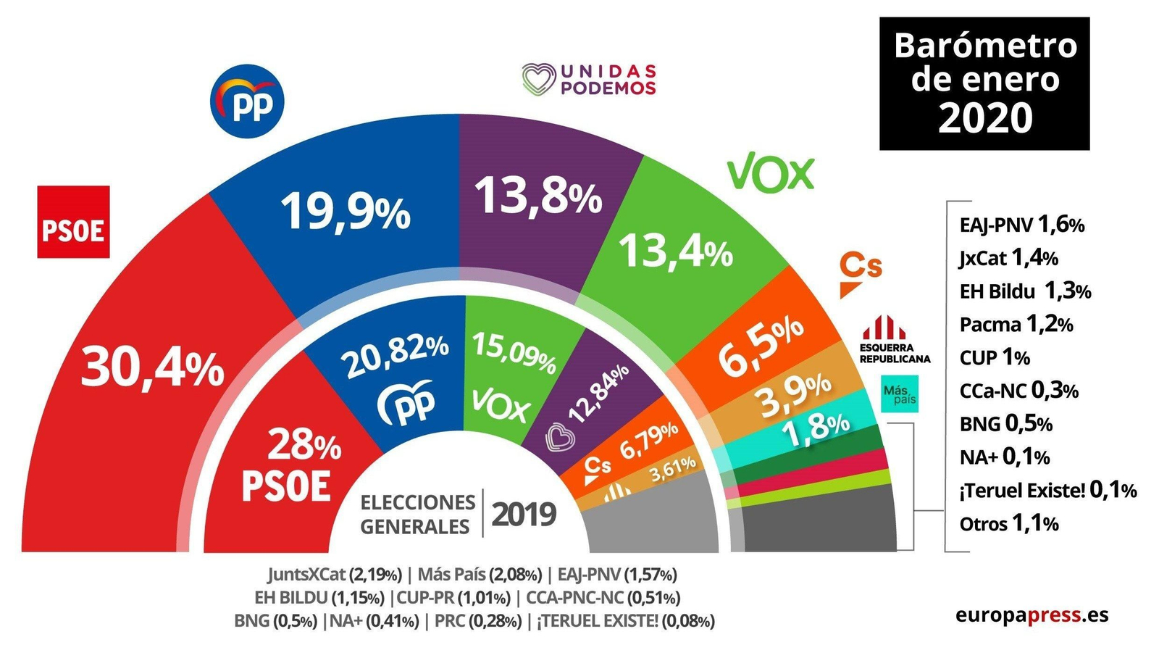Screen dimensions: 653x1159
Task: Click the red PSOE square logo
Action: pos(73,222)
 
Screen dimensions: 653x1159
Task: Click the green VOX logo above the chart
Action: pos(771,174)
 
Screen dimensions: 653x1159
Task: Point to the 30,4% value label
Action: pos(153,367)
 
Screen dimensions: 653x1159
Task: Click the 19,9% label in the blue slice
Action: pos(346,211)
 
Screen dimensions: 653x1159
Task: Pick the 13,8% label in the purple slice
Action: pos(537,196)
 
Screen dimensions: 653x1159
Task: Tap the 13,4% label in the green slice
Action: pos(675,251)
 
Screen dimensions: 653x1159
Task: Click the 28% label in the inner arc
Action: pos(304,444)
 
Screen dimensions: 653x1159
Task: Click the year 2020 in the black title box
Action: pos(984,117)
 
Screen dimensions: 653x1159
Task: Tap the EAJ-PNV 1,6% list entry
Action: pos(1021,225)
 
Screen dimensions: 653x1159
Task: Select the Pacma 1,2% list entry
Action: pos(1016,324)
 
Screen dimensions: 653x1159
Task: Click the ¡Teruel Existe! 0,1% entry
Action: pos(1047,491)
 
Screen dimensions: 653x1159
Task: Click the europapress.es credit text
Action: pos(1032,615)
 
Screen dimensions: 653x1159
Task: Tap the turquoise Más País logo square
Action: pos(900,394)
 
